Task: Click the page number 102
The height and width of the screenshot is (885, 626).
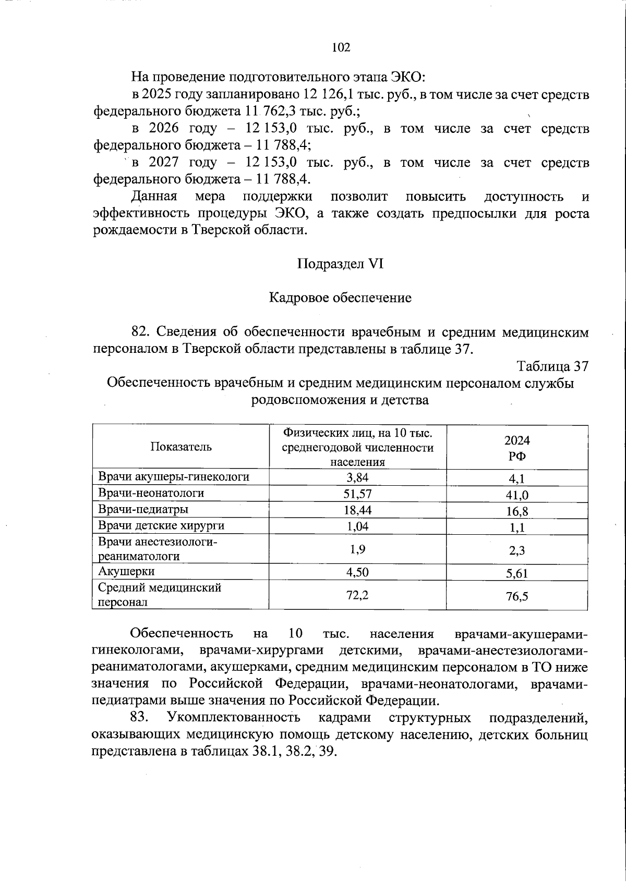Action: click(x=341, y=47)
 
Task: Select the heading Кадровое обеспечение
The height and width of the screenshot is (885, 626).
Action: click(x=340, y=298)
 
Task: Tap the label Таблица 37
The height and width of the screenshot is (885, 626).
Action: click(x=552, y=367)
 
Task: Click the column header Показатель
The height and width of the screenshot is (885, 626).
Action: click(x=181, y=447)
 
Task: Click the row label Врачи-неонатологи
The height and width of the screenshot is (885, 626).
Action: click(x=151, y=493)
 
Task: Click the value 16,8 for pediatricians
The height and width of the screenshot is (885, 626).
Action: click(x=517, y=511)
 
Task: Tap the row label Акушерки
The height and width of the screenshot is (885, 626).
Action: click(x=126, y=571)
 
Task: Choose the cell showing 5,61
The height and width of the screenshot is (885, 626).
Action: click(x=517, y=573)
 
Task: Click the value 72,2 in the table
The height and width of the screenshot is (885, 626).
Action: click(x=357, y=594)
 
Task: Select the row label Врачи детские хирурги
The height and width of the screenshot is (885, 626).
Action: click(x=161, y=525)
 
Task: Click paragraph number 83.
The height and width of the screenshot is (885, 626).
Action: click(x=140, y=718)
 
